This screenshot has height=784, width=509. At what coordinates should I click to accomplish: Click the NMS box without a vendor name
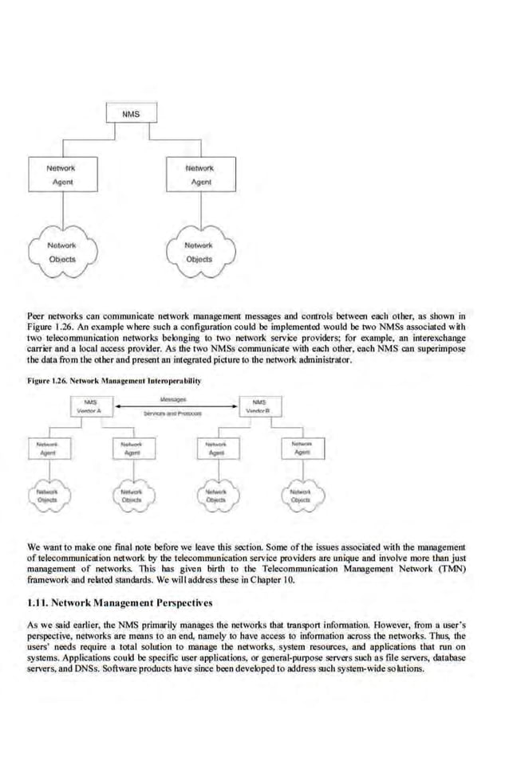click(130, 115)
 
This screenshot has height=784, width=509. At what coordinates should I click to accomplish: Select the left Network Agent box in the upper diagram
click(61, 175)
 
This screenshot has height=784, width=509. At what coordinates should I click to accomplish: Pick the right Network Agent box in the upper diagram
click(199, 175)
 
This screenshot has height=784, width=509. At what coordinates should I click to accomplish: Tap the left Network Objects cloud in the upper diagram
click(61, 252)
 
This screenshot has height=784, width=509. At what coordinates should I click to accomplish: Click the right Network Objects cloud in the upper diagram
click(199, 252)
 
